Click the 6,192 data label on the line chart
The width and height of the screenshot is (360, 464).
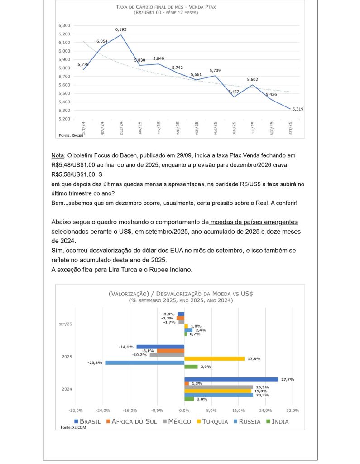coord(120,29)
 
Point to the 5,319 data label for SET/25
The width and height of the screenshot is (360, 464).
coord(298,109)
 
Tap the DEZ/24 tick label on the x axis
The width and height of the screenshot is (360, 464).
coord(121,128)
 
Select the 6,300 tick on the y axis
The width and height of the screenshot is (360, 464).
coord(64,25)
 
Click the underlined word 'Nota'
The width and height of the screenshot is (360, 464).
coord(58,155)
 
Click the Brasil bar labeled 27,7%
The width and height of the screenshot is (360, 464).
coord(231,379)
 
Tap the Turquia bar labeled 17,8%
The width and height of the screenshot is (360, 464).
coord(214,358)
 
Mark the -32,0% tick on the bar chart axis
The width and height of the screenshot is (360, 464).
coord(75,410)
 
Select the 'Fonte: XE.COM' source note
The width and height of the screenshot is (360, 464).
coord(73,427)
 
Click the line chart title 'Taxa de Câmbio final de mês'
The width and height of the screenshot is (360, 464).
coord(165,7)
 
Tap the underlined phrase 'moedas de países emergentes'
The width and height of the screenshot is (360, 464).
coord(254,222)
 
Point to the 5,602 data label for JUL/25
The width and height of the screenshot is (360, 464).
coord(253,80)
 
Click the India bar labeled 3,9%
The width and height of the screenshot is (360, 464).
coord(191,367)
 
